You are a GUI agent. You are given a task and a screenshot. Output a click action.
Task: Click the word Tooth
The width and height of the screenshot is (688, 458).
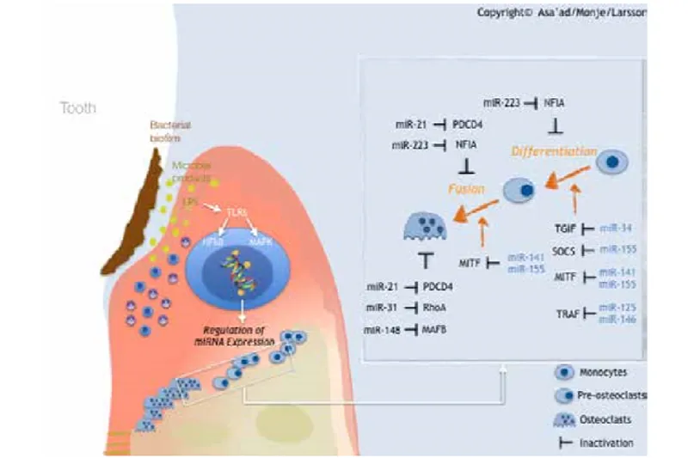(x=78, y=109)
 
